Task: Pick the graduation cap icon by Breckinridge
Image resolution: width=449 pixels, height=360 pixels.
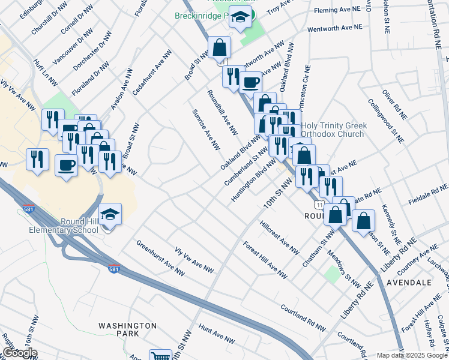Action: click(x=241, y=19)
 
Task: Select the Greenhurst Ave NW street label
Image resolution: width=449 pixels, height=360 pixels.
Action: click(x=160, y=257)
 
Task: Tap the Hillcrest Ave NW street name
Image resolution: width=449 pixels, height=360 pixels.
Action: click(x=279, y=238)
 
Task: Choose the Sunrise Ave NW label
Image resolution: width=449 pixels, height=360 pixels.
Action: click(x=206, y=130)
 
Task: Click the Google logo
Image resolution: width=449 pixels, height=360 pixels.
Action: click(x=19, y=353)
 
